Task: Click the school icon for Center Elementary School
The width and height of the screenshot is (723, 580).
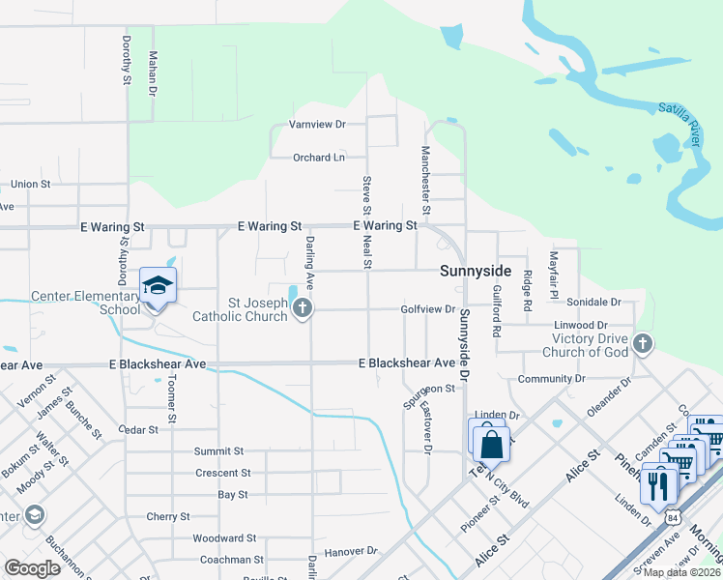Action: click(156, 286)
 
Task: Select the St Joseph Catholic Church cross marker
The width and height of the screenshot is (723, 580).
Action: click(303, 309)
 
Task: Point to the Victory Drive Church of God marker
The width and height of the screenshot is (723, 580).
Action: click(642, 343)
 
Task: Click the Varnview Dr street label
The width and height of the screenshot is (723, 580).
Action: click(318, 125)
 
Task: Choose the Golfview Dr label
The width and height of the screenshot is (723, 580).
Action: click(428, 309)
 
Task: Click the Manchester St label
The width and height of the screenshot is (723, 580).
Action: click(424, 179)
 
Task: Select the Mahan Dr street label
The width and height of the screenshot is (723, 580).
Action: click(152, 73)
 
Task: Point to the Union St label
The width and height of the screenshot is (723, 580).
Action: click(30, 184)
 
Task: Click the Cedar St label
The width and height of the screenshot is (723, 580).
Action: click(137, 429)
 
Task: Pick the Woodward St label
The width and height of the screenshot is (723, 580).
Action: click(223, 537)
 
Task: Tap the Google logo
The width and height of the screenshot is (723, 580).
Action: click(33, 568)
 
